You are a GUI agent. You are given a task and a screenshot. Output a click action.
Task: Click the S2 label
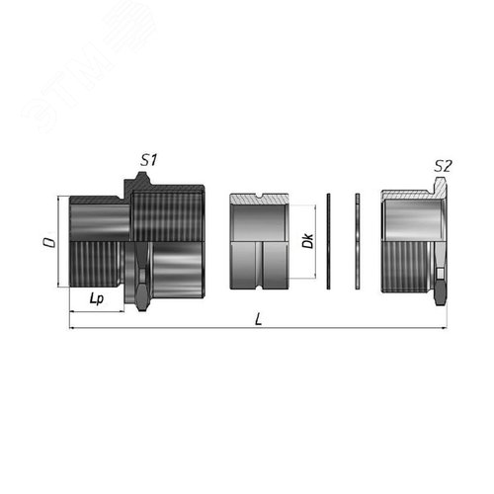coord(444,167)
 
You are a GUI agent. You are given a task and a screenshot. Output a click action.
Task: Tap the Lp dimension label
coord(96,296)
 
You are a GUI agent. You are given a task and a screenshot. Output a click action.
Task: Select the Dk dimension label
coord(307,240)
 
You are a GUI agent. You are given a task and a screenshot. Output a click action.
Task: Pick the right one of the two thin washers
coord(359,242)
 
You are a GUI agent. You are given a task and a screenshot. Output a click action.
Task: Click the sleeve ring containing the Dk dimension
coord(259,242)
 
